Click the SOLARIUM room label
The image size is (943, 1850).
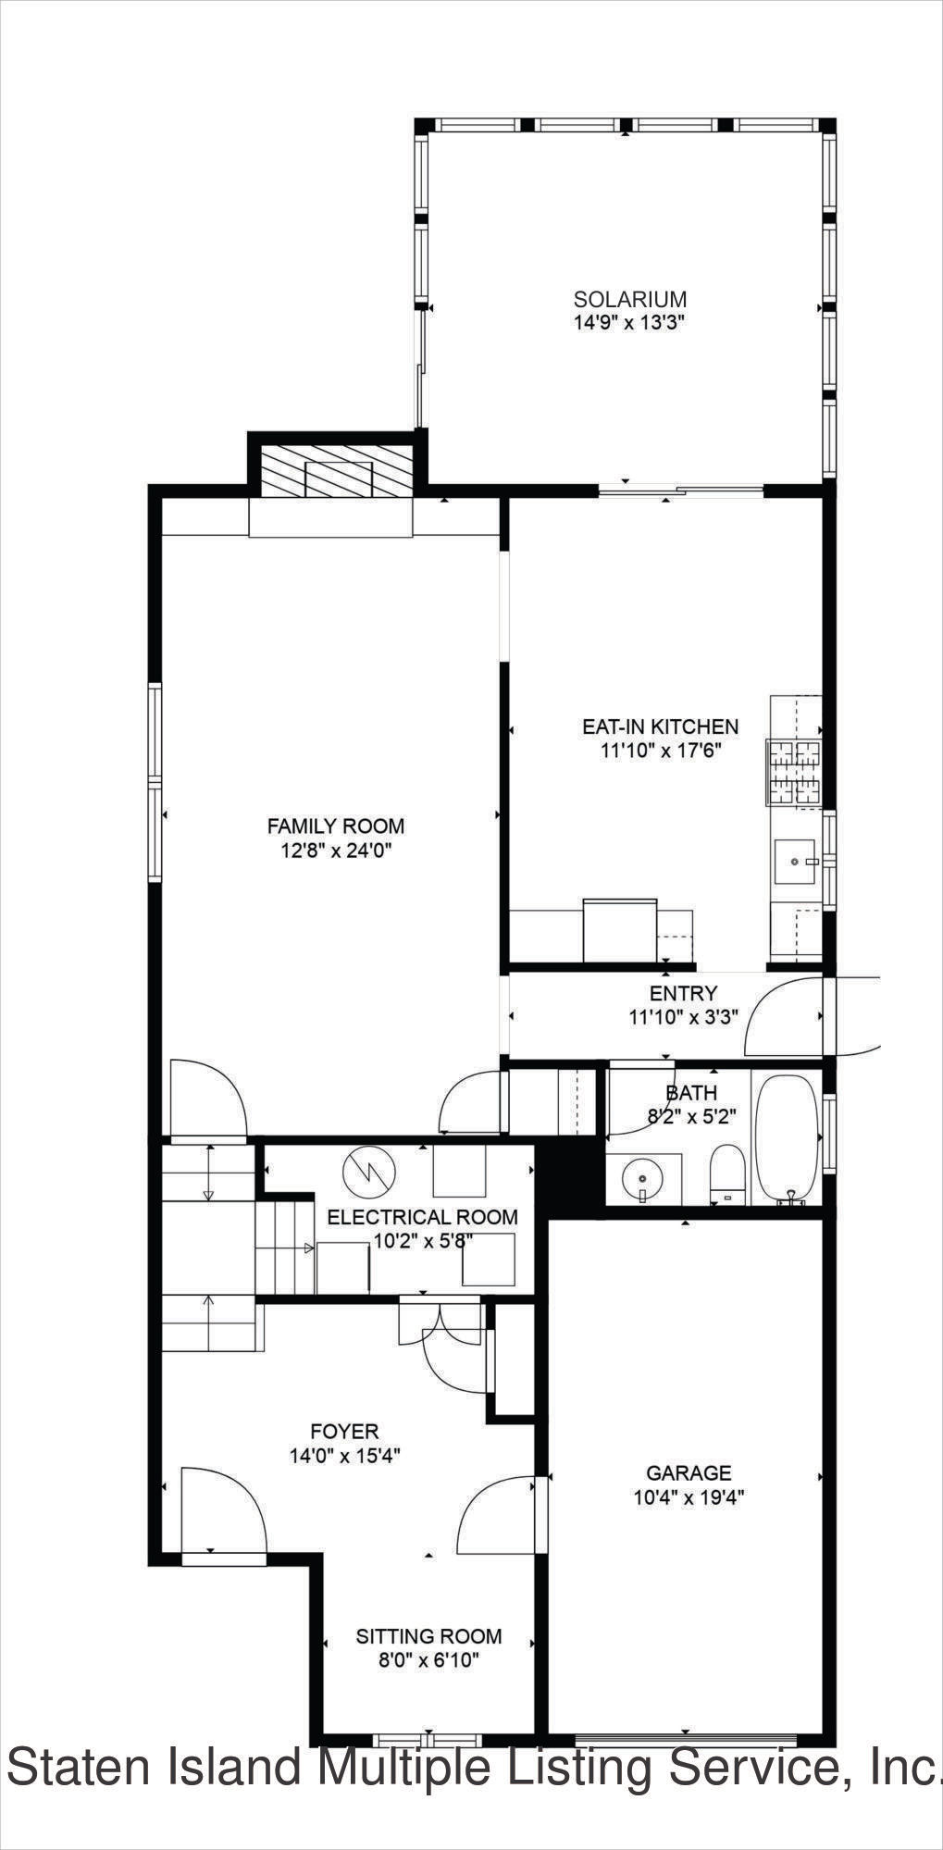click(630, 299)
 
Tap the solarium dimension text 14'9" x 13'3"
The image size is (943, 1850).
click(629, 323)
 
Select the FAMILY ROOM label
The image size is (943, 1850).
click(336, 826)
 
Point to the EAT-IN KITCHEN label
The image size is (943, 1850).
click(661, 726)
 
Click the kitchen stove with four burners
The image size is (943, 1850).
click(793, 773)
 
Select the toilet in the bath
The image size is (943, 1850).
click(727, 1175)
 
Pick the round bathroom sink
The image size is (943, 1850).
click(641, 1179)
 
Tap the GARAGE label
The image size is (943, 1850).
click(689, 1472)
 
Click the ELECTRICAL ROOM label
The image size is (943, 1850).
click(422, 1217)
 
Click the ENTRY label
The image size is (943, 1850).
click(683, 993)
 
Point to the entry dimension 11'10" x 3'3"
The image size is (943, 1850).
click(683, 1017)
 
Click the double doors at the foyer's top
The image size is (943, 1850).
click(440, 1333)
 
